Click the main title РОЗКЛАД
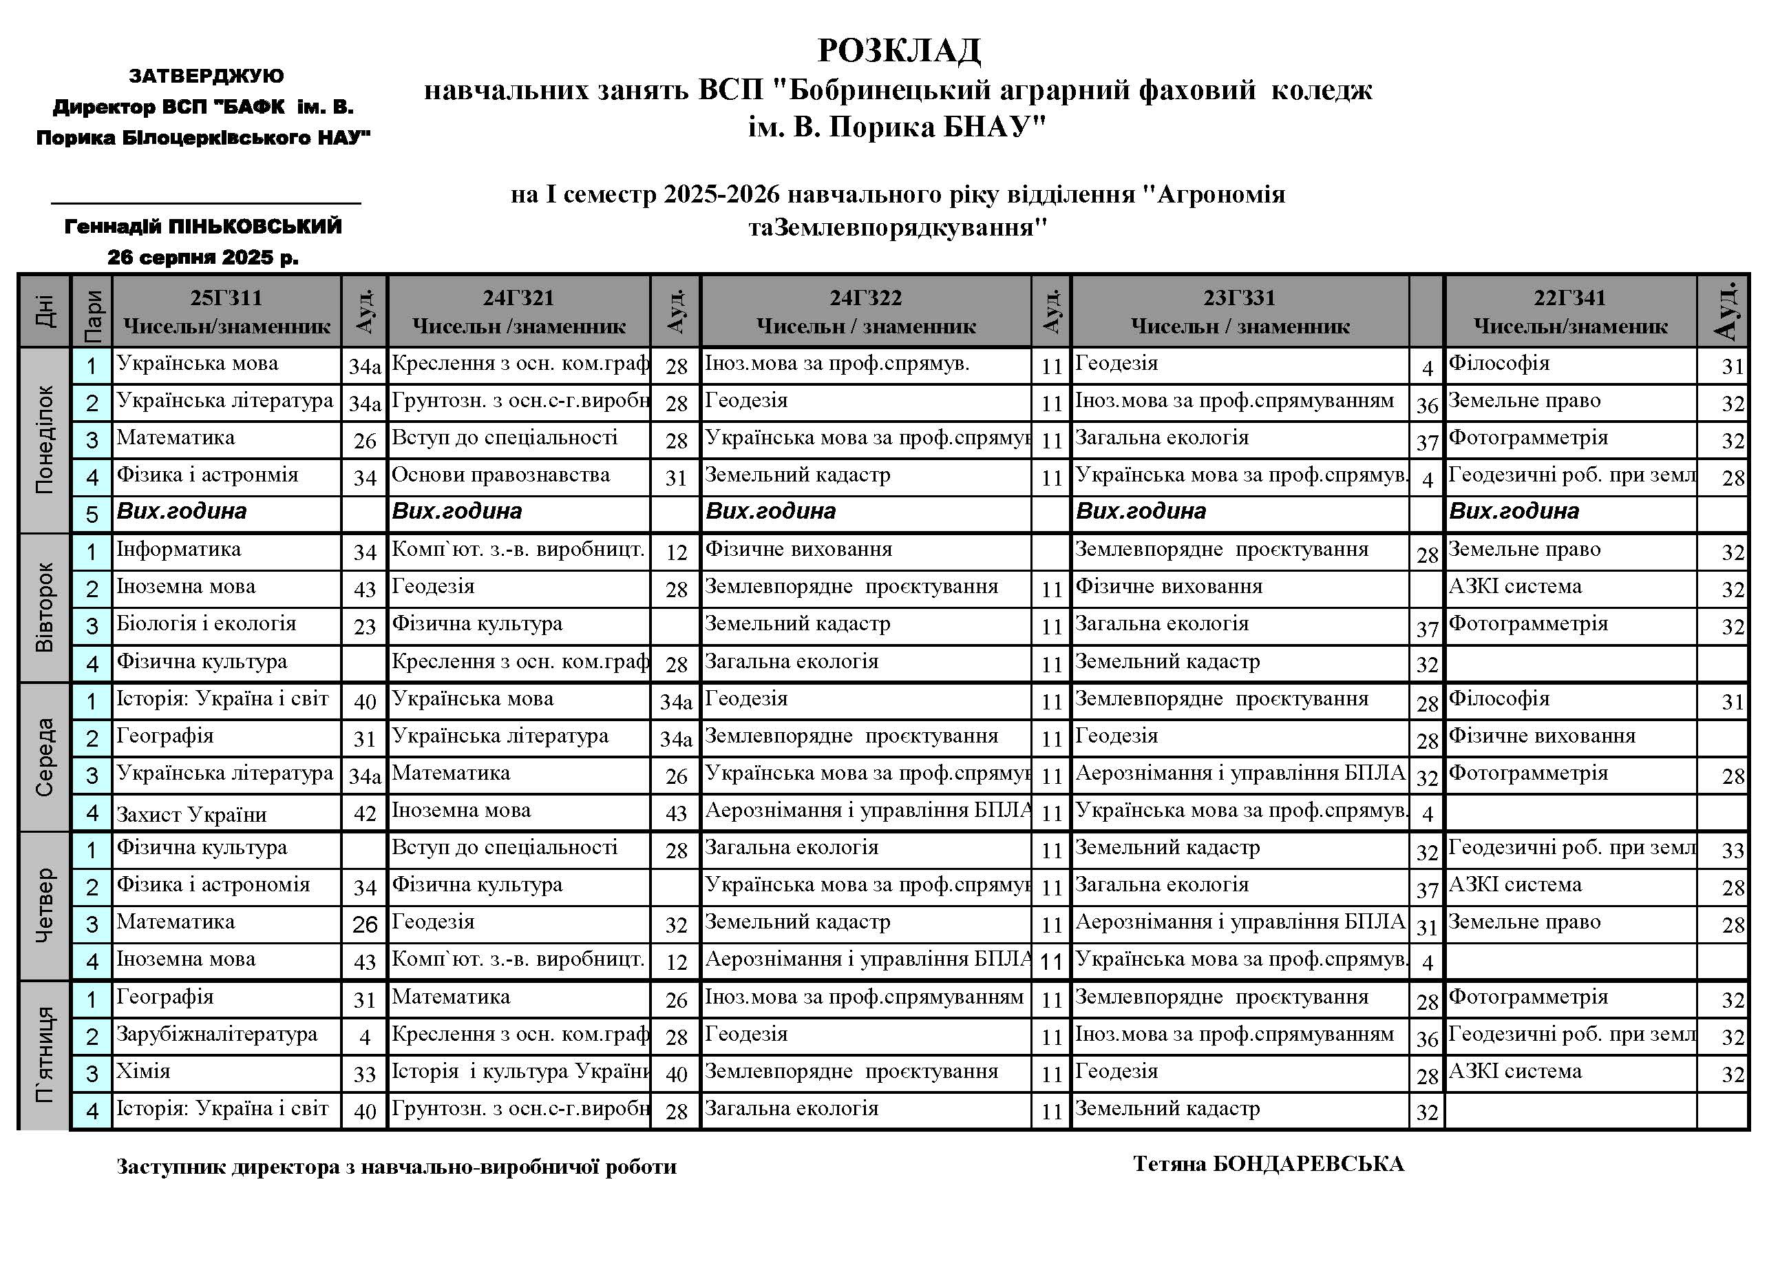click(898, 52)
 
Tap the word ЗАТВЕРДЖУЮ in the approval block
click(207, 76)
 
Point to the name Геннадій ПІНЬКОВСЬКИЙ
click(203, 227)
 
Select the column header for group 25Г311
click(226, 311)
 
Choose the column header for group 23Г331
click(1240, 311)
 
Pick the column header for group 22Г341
click(1570, 311)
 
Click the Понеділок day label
click(45, 439)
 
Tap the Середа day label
click(45, 757)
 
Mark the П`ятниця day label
click(45, 1055)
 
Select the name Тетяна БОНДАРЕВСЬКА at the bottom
click(1269, 1164)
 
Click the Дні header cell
click(45, 311)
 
